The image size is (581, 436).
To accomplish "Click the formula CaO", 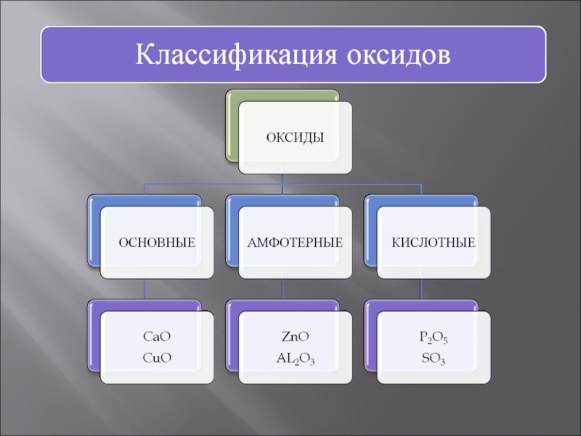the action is pos(157,337).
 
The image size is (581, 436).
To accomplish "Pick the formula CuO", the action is pos(157,357).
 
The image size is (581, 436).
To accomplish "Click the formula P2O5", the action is pos(434,337).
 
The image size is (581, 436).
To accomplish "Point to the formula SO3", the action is pos(434,358).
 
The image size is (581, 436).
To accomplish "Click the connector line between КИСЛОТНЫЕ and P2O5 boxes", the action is pos(421,289).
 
